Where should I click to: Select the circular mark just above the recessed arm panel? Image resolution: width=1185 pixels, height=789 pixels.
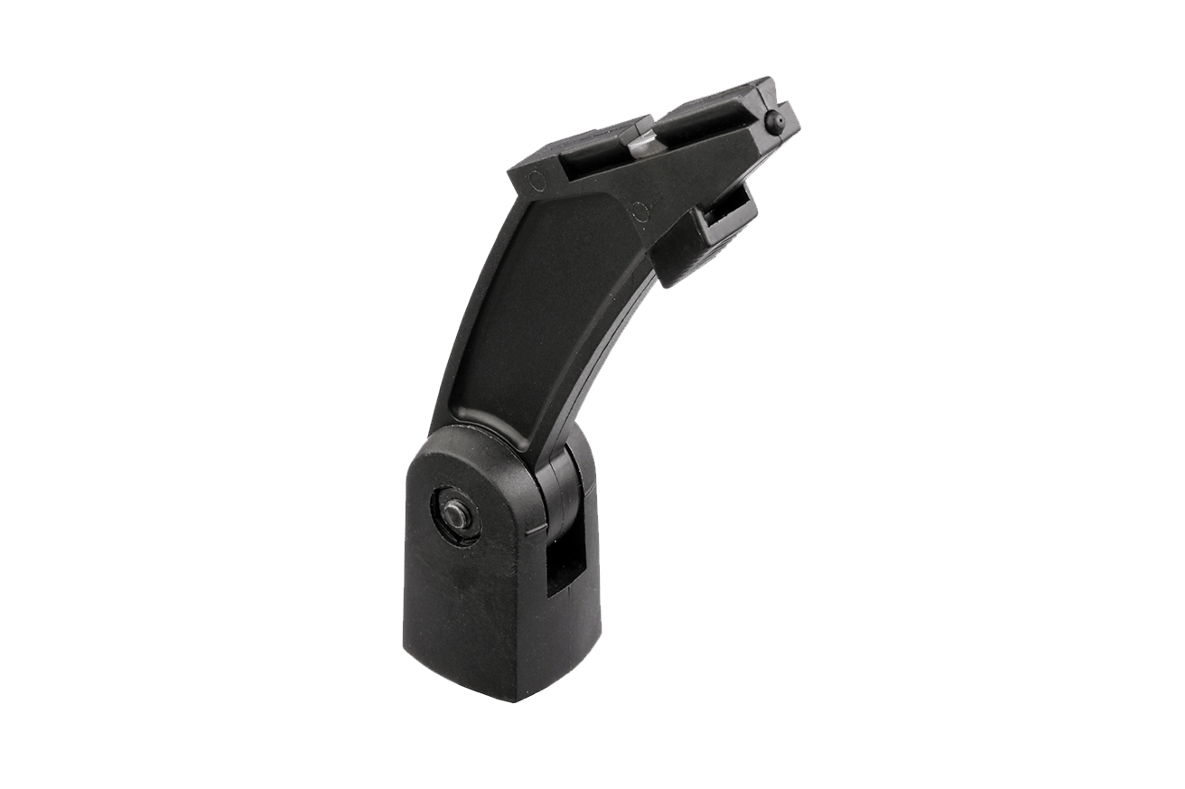tap(639, 211)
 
